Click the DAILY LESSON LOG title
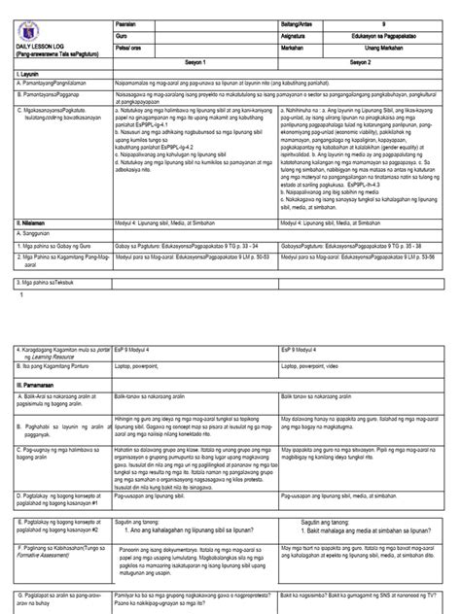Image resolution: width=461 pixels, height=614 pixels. pyautogui.click(x=30, y=49)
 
